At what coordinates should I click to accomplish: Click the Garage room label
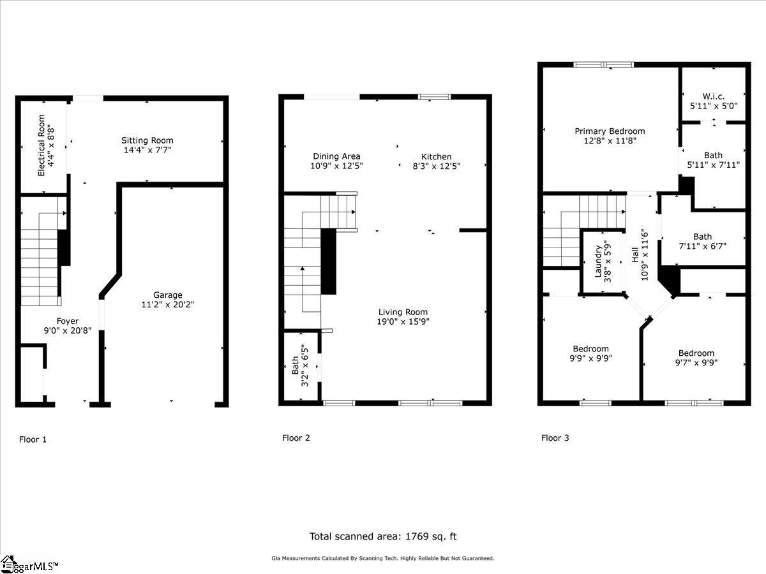pos(167,295)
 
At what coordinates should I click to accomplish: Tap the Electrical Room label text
pos(41,145)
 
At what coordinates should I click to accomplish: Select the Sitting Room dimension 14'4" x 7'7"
pos(147,150)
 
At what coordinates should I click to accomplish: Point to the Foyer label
pos(68,321)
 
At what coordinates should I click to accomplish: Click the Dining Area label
pos(336,156)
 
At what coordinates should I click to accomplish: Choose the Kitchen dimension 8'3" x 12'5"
pos(437,166)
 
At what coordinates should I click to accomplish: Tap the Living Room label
pos(403,312)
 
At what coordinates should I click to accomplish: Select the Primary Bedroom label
pos(610,131)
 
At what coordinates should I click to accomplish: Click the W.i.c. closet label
pos(713,96)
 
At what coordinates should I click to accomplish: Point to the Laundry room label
pos(599,261)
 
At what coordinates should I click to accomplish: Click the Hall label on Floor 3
pos(635,255)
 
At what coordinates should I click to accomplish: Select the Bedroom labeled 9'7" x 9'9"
pos(696,353)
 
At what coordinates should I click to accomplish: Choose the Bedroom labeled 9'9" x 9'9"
pos(590,349)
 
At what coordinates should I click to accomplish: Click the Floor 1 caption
pos(33,439)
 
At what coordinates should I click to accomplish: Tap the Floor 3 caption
pos(555,438)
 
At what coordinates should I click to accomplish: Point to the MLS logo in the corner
pos(29,565)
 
